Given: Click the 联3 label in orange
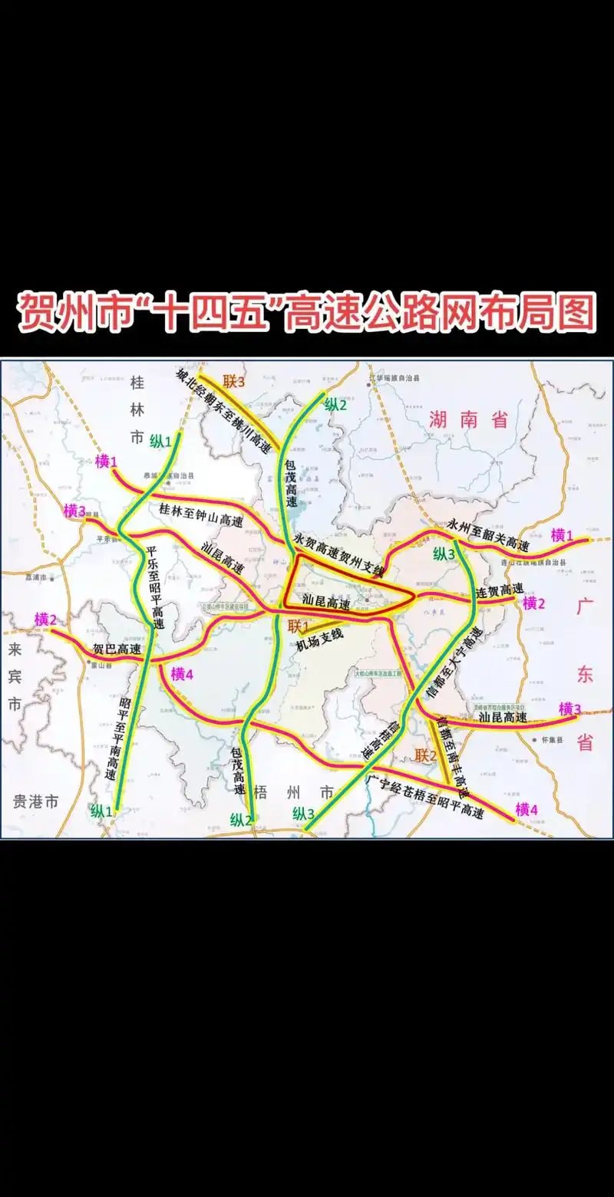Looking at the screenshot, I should [234, 381].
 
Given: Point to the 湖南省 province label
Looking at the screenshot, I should [469, 419].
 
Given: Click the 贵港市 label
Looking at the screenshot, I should [35, 802].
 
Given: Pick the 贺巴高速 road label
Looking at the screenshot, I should [117, 649].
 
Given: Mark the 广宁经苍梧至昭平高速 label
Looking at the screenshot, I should [426, 797].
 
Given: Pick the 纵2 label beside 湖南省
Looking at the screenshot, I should [336, 406].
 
